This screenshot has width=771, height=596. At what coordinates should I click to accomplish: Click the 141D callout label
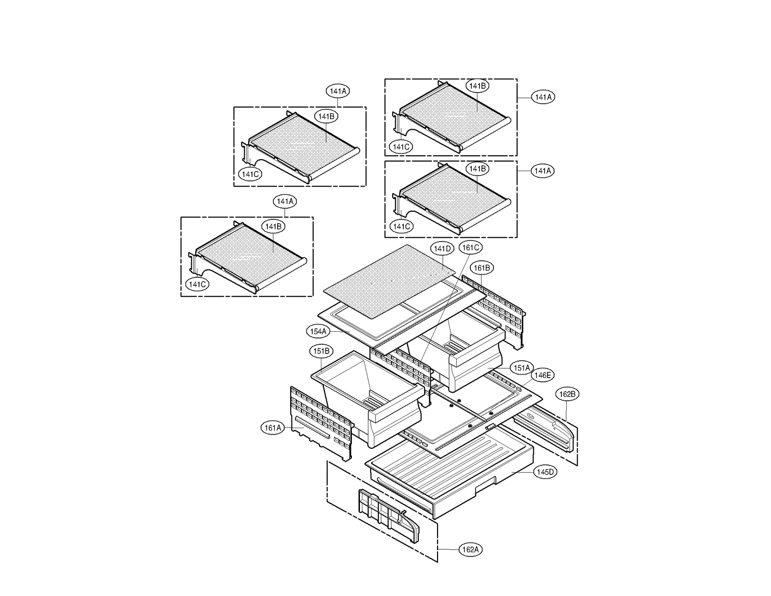442,249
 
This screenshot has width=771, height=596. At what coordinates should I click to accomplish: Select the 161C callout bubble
470,248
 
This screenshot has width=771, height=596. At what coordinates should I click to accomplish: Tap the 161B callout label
482,268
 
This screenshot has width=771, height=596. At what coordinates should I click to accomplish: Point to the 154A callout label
318,332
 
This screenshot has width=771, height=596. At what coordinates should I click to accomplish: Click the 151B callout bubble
321,351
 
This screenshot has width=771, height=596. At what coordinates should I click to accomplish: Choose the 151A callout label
521,368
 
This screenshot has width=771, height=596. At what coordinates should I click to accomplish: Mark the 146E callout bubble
543,375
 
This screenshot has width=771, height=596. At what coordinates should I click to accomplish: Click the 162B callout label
567,394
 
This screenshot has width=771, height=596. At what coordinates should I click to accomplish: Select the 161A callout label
273,428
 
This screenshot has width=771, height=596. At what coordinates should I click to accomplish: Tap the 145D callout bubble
545,472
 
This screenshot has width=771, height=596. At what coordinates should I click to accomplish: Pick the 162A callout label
470,550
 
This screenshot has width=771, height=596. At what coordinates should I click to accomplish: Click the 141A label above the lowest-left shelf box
285,202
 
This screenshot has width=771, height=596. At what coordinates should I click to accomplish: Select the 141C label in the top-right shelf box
401,147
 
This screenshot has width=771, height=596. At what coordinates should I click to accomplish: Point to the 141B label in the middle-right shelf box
478,169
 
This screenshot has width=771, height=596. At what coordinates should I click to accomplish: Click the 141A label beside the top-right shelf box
543,97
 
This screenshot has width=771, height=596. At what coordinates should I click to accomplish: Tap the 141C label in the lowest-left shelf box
197,284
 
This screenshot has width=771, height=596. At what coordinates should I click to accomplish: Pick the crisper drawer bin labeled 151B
369,395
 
